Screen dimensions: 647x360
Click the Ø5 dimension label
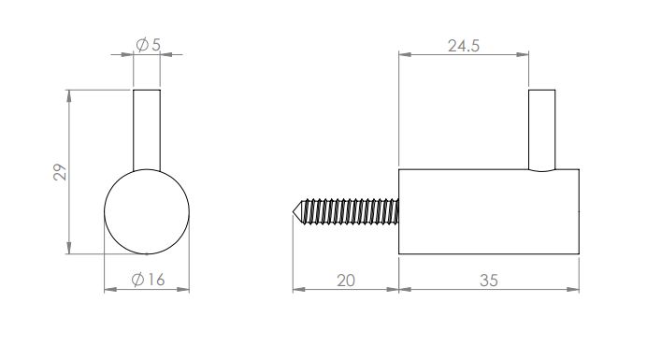(148, 44)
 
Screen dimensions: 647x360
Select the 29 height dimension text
(60, 172)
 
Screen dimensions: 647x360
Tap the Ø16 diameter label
(148, 280)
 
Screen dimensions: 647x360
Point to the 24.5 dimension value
(464, 46)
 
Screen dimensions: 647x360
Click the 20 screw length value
(346, 281)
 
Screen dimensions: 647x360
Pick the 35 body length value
(489, 281)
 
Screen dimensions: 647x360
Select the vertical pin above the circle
(147, 130)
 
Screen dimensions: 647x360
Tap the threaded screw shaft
(351, 211)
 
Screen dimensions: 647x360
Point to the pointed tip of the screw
(294, 211)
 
